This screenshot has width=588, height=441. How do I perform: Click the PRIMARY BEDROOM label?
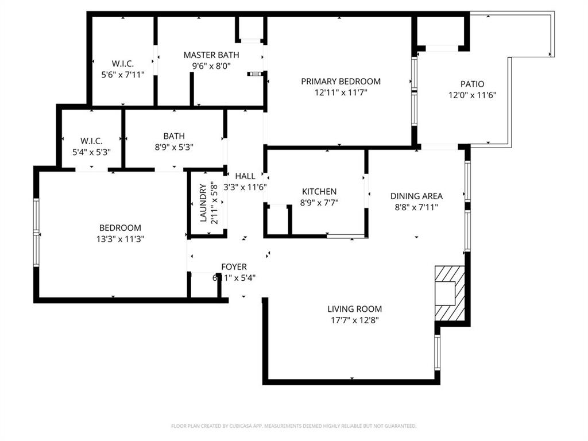pos(341,82)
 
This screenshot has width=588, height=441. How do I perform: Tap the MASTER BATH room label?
pos(211,55)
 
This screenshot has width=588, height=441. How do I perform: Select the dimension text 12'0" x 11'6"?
pos(472,95)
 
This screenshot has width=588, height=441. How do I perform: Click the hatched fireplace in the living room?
pos(450,293)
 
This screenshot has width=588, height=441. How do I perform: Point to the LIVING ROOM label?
pos(354,309)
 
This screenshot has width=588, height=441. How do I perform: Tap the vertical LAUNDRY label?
pos(203,203)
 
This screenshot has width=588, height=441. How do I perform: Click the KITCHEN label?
pos(319,191)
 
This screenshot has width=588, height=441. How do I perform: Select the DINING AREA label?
pos(416,196)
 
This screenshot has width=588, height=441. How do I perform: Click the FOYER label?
pos(234,266)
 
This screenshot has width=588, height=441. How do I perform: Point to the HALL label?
pos(245,176)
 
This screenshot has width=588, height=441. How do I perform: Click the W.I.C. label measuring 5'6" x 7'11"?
pos(122,64)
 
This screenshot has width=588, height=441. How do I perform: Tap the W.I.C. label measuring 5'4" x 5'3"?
pos(91,141)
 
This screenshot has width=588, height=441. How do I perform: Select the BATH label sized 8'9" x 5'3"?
pos(174,136)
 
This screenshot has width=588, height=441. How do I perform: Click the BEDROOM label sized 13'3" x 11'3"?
pos(120,228)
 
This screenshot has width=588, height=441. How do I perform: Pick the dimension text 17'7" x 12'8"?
pos(354,320)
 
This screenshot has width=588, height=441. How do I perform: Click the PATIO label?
pos(472,84)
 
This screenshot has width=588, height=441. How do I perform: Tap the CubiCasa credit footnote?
pos(293,426)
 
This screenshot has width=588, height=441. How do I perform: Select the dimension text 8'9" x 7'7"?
pos(319,202)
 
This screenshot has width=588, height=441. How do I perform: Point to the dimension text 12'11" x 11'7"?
pos(341,92)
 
